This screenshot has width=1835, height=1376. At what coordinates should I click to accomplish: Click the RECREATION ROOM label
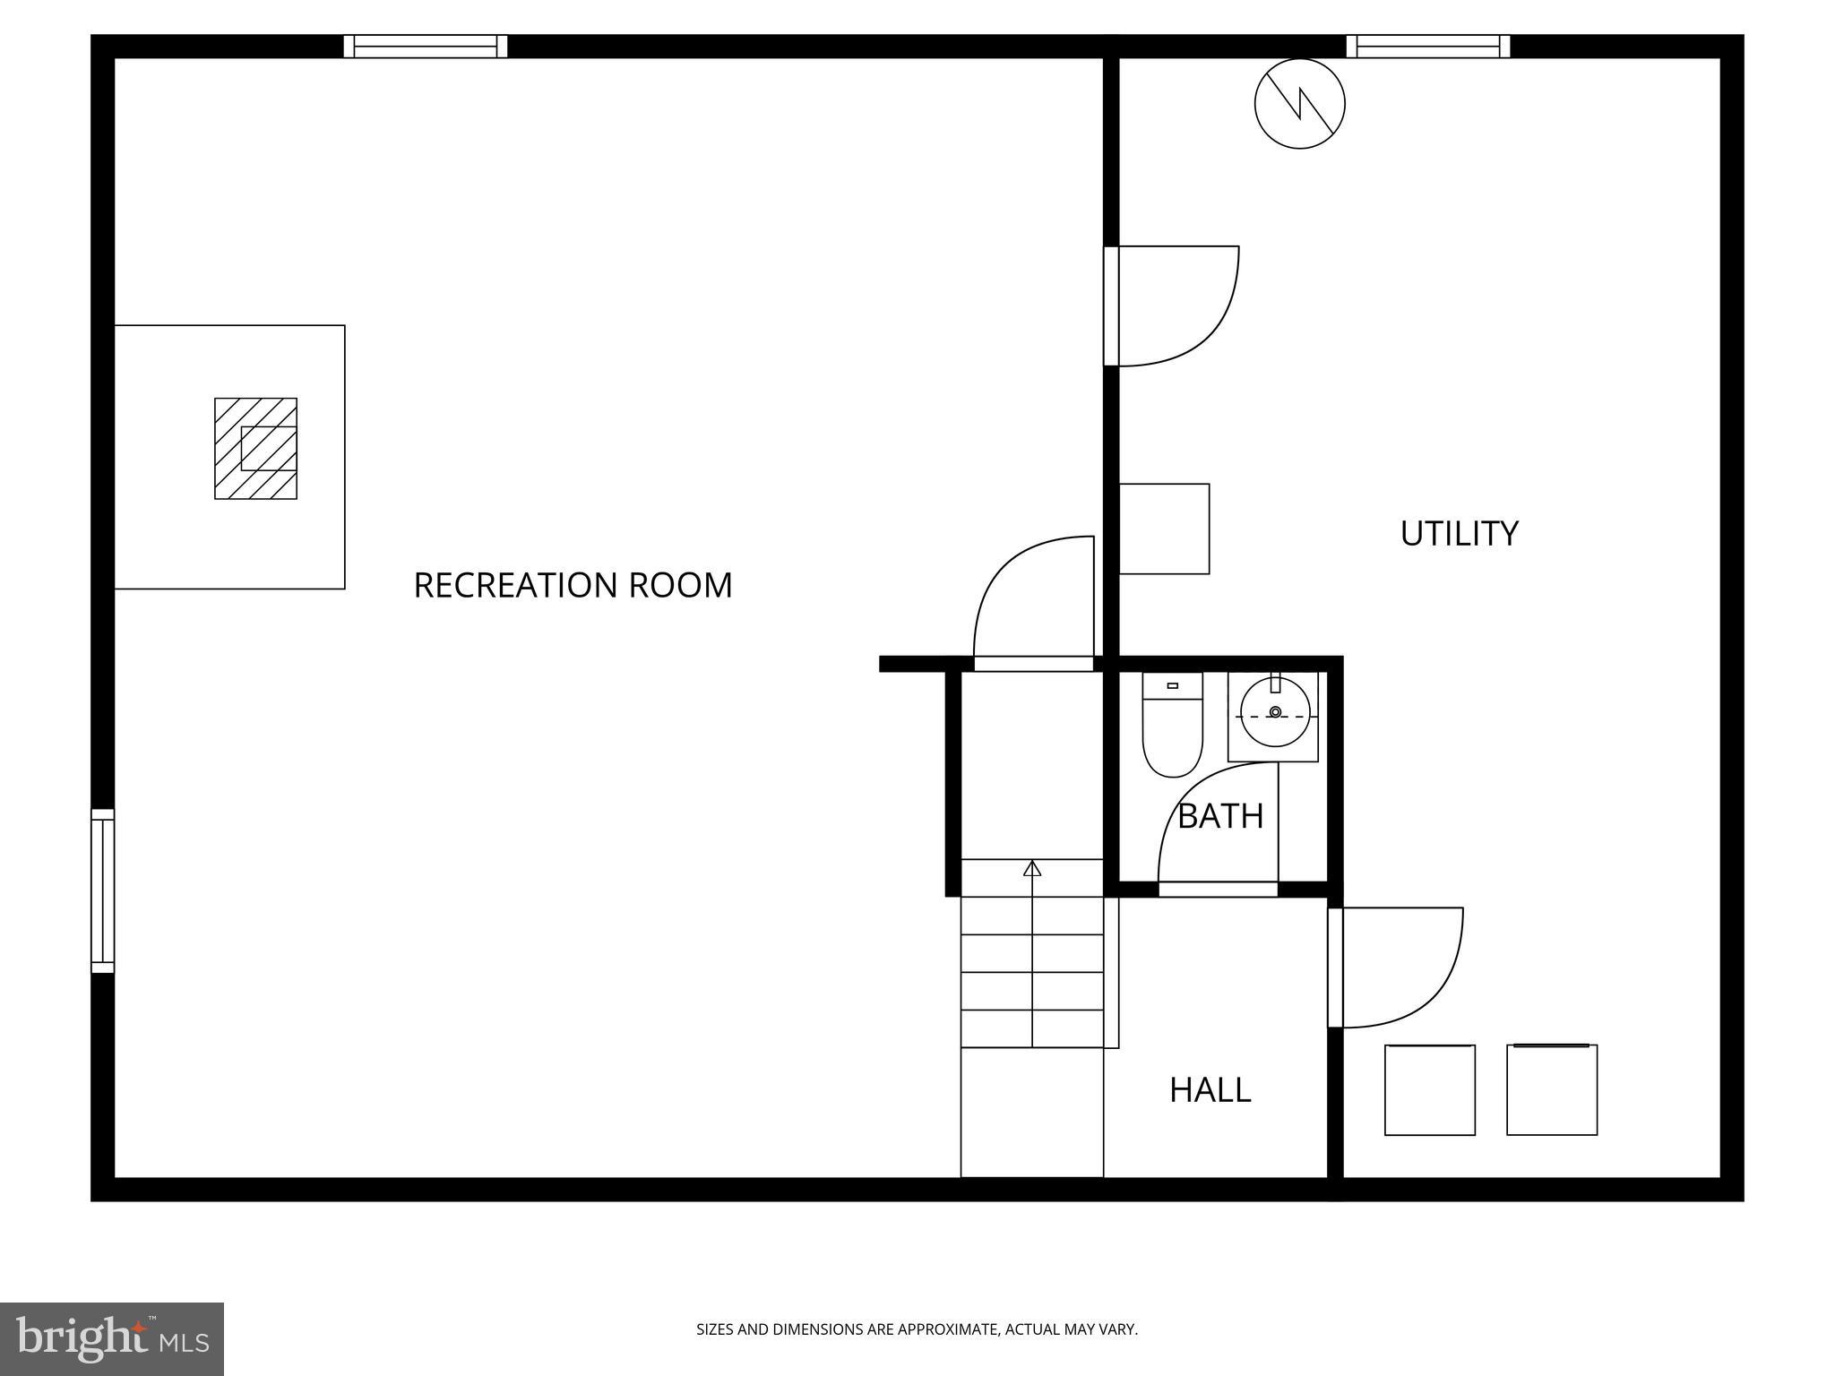click(573, 585)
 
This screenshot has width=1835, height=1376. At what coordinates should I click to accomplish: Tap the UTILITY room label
click(1459, 533)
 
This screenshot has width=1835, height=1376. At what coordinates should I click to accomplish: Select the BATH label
click(1219, 816)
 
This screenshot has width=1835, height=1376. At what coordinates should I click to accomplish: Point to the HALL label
click(1210, 1090)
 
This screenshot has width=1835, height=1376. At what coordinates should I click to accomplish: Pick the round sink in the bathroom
click(1274, 713)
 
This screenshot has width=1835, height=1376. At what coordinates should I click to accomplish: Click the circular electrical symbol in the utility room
click(1299, 104)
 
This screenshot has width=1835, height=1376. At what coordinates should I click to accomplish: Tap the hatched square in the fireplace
click(255, 448)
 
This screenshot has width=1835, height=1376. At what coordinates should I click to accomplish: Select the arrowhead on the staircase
click(1032, 868)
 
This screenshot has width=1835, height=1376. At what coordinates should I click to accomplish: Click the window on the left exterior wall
click(103, 890)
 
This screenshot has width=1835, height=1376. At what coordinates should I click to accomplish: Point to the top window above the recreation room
click(426, 47)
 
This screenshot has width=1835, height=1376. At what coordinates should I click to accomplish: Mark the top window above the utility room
click(1427, 47)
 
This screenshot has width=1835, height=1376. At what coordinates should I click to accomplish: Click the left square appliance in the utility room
click(1429, 1089)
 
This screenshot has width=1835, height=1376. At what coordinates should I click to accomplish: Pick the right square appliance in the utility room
click(1551, 1089)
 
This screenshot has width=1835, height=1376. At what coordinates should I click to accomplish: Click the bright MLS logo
click(112, 1339)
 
